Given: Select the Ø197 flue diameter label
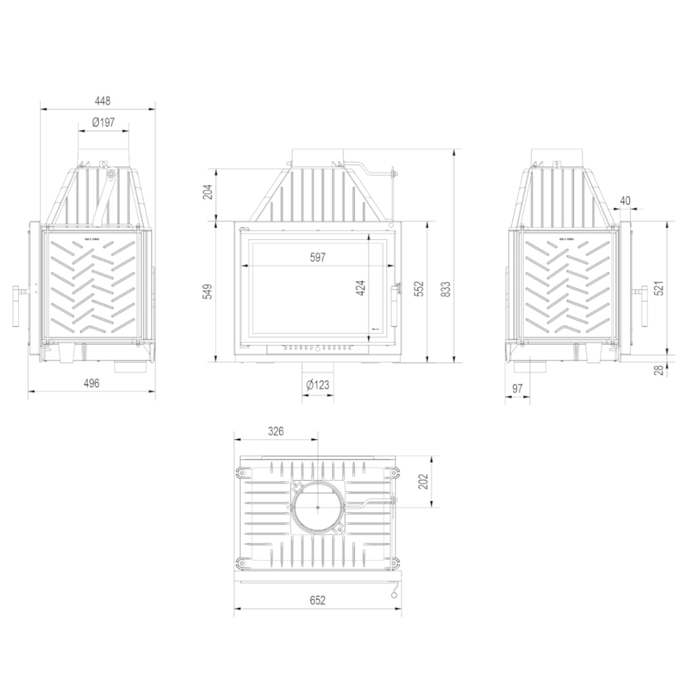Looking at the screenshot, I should click(x=103, y=122).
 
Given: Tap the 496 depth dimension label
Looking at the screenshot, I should click(x=91, y=383).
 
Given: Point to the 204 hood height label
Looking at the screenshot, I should click(x=207, y=194).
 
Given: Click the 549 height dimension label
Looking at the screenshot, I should click(x=207, y=292).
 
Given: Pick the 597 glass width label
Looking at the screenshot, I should click(x=318, y=257).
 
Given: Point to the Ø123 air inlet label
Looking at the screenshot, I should click(x=317, y=385).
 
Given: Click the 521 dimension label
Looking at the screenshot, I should click(x=659, y=289).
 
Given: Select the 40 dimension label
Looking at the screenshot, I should click(x=625, y=200).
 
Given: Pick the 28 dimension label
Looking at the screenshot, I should click(x=659, y=370).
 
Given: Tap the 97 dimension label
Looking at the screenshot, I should click(x=517, y=389).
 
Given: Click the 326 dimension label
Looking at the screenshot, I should click(x=275, y=431).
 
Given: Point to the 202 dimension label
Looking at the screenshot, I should click(x=424, y=482).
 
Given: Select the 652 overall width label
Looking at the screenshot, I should click(x=318, y=600).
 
